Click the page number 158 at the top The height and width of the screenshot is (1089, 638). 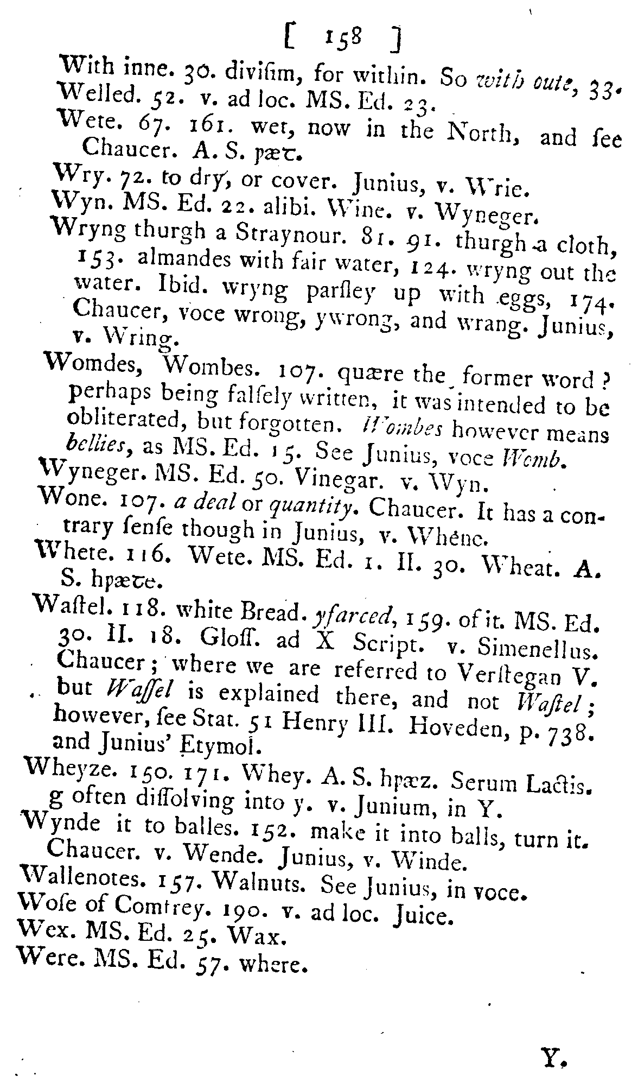(341, 38)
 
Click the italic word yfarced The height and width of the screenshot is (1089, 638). (348, 615)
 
